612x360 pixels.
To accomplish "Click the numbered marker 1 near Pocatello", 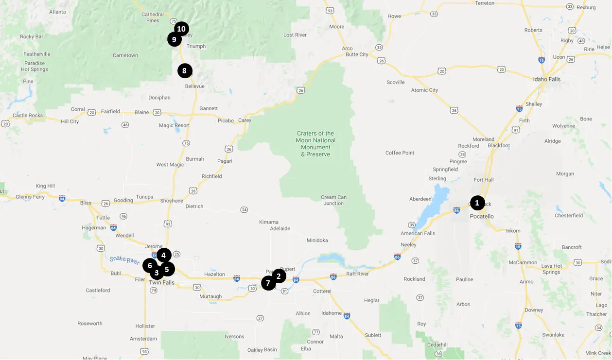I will tap(477, 203).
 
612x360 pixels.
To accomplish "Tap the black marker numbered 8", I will tap(185, 71).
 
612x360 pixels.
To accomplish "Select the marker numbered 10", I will tap(181, 29).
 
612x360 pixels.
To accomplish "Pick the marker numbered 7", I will tap(268, 283).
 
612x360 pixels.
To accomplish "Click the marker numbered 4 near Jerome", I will tap(164, 255).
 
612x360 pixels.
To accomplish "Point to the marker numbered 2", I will tap(279, 276).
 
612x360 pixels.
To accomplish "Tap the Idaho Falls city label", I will tap(547, 79).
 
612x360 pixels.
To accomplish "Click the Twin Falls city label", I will tap(161, 283).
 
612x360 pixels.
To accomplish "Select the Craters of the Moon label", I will tap(315, 144).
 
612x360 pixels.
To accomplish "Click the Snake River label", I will tap(124, 260).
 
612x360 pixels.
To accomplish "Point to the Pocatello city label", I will tap(482, 216).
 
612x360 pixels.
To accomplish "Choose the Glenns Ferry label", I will tap(30, 197).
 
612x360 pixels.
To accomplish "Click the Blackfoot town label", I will tap(499, 145).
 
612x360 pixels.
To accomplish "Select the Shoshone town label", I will tap(172, 201).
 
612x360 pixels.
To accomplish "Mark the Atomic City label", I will tap(424, 90).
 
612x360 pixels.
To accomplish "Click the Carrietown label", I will tap(125, 55).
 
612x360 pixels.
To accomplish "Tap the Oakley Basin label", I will tap(262, 350).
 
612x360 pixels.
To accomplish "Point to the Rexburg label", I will tap(586, 7).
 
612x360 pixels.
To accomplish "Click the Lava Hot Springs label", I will tap(551, 269).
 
